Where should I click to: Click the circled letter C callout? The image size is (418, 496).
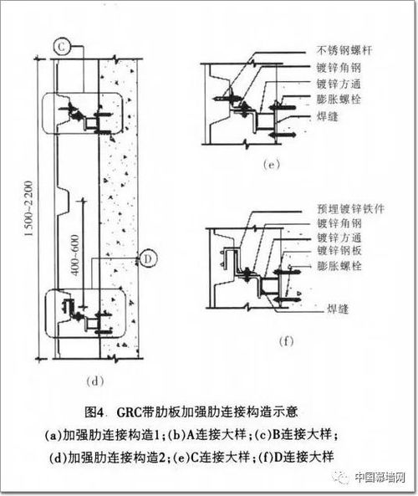(61, 47)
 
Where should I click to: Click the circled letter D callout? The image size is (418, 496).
(148, 258)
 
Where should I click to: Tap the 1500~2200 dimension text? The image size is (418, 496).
(28, 208)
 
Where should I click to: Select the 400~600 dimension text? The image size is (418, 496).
(75, 254)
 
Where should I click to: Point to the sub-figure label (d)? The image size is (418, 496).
(94, 381)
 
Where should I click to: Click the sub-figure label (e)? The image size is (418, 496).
(271, 164)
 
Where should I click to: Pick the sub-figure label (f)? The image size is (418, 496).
(287, 341)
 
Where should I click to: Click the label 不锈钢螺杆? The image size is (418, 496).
(344, 51)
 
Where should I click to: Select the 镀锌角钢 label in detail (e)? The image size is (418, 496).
(339, 68)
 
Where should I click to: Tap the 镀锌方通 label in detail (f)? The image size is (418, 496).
(339, 238)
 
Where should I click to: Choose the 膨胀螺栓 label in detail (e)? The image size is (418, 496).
(339, 100)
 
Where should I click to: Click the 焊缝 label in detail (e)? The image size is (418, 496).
(328, 116)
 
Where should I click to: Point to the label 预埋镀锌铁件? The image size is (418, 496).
(350, 208)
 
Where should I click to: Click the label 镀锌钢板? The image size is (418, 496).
(339, 251)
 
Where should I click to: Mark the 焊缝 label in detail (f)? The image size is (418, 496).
(338, 309)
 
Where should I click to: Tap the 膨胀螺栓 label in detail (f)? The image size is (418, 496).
(339, 265)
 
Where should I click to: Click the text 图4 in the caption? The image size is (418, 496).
(94, 412)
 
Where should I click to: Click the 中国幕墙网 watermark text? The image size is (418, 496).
(380, 477)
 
